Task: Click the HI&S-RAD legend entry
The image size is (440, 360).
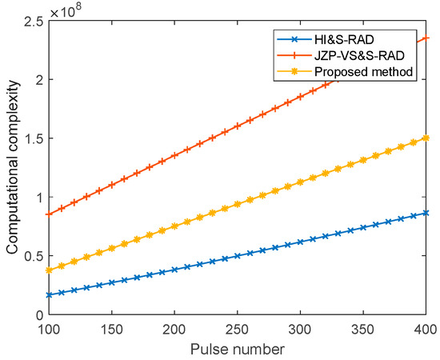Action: click(x=326, y=39)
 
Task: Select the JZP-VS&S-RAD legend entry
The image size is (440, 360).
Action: click(x=341, y=55)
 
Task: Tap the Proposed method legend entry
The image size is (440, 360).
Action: click(x=345, y=72)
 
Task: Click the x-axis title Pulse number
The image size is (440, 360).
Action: click(x=238, y=350)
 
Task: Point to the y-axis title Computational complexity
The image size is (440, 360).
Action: click(x=13, y=167)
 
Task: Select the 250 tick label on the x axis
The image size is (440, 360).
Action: click(x=238, y=330)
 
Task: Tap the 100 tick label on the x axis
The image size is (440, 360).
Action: click(x=50, y=330)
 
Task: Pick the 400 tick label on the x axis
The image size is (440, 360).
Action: click(x=426, y=330)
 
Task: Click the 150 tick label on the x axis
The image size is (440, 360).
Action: click(x=112, y=330)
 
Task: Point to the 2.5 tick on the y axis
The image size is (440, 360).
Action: click(x=34, y=21)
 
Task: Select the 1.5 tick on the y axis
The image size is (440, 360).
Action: click(x=34, y=138)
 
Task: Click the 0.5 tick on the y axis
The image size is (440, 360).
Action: click(x=34, y=256)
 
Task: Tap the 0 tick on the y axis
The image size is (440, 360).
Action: click(x=40, y=315)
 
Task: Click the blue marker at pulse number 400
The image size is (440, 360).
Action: click(x=426, y=213)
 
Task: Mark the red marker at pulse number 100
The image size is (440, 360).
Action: click(x=50, y=214)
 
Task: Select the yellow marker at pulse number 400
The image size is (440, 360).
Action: click(x=426, y=138)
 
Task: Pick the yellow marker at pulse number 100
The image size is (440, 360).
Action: click(x=50, y=270)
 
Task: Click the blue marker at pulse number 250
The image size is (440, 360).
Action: click(x=238, y=256)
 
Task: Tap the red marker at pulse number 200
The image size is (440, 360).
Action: click(x=174, y=155)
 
